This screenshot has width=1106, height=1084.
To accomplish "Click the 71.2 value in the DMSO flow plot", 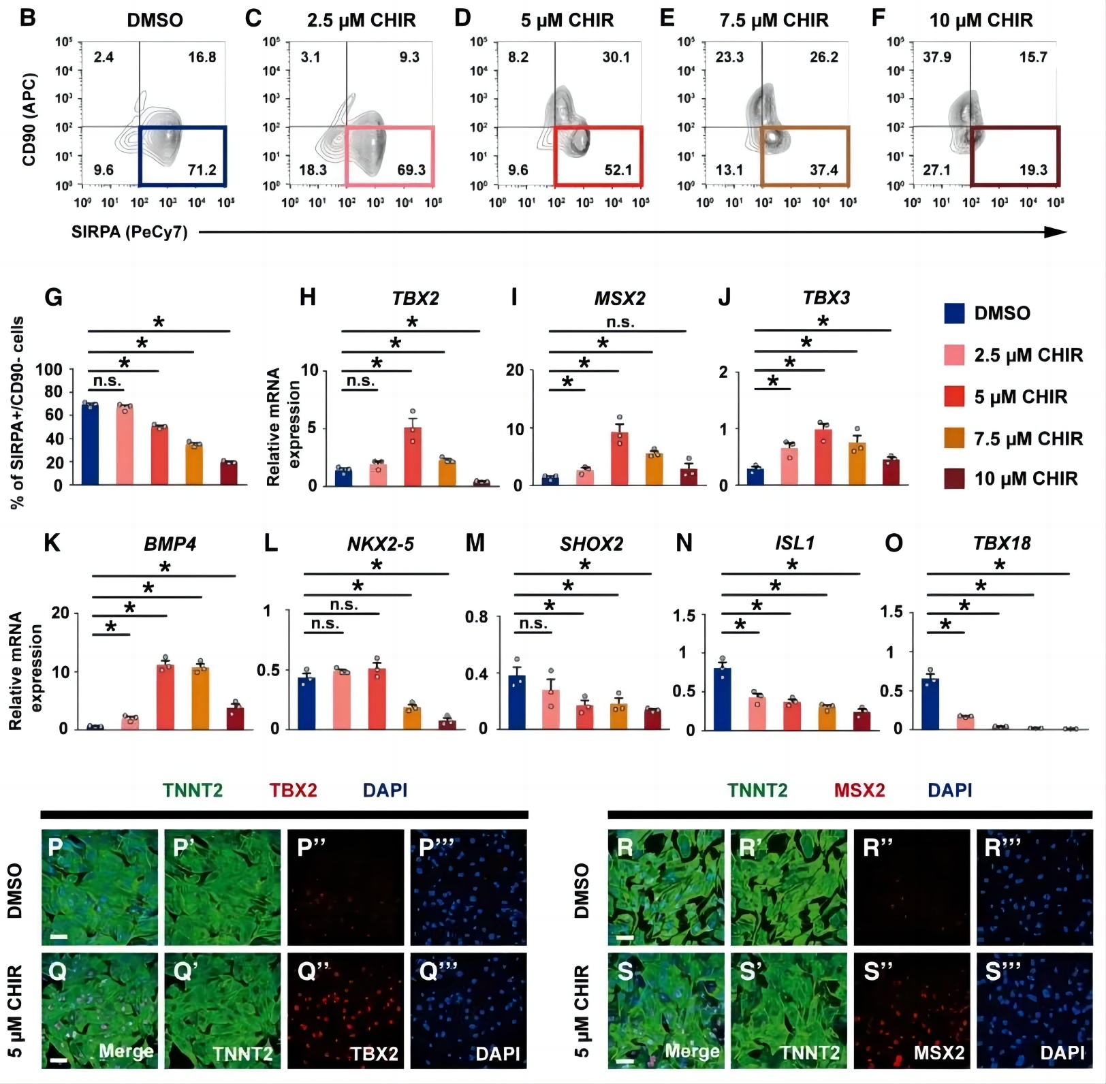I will coord(202,170).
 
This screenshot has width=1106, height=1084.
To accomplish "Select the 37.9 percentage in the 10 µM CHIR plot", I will coord(936,57).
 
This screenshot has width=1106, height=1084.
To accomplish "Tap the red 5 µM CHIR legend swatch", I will coord(954,396).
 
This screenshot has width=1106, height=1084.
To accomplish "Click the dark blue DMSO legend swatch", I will coord(954,313).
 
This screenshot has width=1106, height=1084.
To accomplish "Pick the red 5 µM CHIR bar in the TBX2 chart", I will coord(413,456).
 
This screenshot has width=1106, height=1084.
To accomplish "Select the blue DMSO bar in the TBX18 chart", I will coord(930,703).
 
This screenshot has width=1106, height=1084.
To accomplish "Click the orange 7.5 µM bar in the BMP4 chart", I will coord(200,699).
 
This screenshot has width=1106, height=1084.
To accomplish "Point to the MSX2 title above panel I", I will coord(620,298).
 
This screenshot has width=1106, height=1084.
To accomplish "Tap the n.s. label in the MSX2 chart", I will coord(620,321).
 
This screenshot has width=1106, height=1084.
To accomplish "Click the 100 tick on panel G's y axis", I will coord(49,370).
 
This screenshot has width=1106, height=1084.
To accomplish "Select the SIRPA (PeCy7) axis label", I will coord(129,232).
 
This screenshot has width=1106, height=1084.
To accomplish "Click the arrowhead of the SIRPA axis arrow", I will coord(1056,232).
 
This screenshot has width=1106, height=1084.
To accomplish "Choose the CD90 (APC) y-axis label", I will coord(29,119).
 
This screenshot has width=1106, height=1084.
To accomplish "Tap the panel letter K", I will coord(51,543).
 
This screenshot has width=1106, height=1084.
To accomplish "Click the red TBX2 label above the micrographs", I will coord(293,790).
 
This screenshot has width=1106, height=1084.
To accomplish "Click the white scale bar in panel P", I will coord(59,937).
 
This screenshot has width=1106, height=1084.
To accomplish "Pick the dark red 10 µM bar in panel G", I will coord(229,473).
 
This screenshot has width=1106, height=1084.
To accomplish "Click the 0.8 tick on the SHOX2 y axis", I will coord(477,617).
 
